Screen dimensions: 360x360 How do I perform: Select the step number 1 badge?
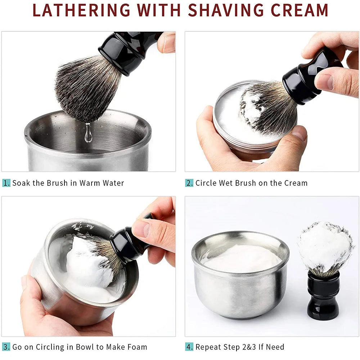(6, 183)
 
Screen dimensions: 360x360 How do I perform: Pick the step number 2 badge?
(189, 183)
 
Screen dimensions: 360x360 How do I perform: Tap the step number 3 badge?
(6, 347)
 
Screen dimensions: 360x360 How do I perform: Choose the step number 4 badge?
(189, 347)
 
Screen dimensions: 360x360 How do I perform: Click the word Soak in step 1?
(21, 183)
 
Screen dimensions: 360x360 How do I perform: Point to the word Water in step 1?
(113, 183)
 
